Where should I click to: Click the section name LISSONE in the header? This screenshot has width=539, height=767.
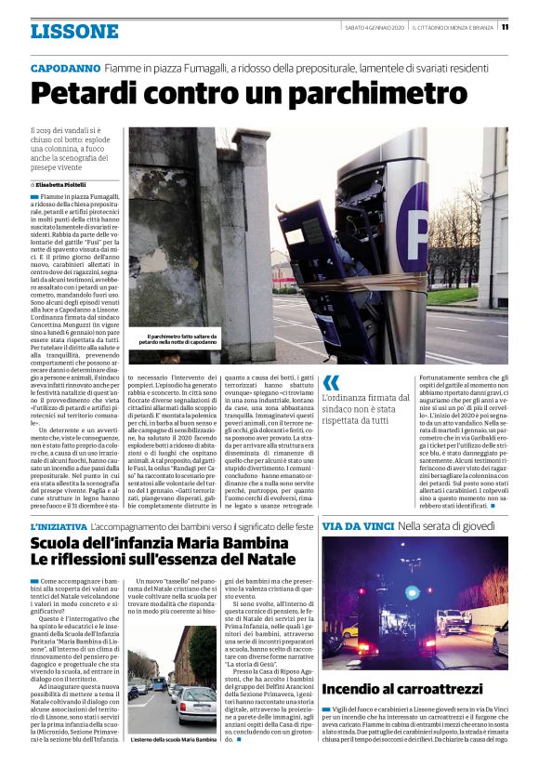74,32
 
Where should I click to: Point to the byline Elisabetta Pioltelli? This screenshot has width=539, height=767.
74,186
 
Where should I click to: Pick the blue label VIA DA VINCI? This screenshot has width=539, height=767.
354,527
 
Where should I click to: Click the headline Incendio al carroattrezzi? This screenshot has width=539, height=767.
402,689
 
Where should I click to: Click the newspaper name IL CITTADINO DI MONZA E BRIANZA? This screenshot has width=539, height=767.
454,27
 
